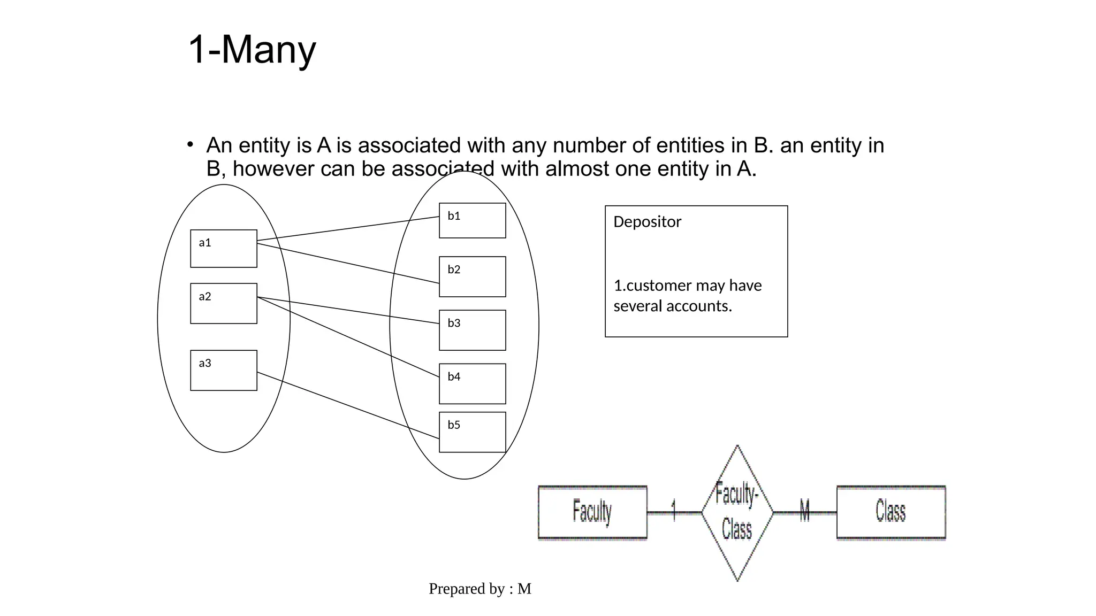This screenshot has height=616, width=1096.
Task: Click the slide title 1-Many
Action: coord(252,50)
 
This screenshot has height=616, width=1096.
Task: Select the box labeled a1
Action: coord(224,249)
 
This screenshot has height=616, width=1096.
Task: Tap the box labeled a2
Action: coord(224,303)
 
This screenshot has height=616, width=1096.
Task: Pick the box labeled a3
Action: coord(224,370)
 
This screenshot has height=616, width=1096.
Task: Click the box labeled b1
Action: coord(472,220)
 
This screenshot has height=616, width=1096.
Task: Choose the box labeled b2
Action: coord(472,276)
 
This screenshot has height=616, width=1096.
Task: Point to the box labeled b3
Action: coord(472,330)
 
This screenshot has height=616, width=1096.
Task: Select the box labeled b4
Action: coord(472,383)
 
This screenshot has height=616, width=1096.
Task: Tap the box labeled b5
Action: coord(472,432)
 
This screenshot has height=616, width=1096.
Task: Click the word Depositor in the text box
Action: coord(647,222)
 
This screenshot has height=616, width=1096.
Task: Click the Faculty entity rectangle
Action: coord(592,512)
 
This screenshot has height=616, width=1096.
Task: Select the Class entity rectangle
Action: coord(890,512)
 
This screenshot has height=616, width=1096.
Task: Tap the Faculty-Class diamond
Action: coord(737,512)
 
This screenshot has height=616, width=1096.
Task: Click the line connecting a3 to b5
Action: coord(348,405)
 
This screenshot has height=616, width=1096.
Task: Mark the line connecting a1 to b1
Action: coord(348,228)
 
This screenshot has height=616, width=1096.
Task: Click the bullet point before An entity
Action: coord(190,144)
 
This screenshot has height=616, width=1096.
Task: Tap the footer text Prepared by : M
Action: coord(479,589)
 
